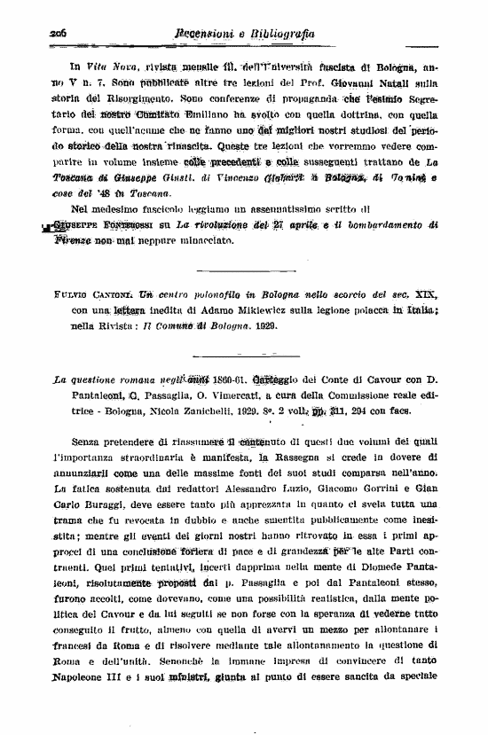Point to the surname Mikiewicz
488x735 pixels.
(272, 309)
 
